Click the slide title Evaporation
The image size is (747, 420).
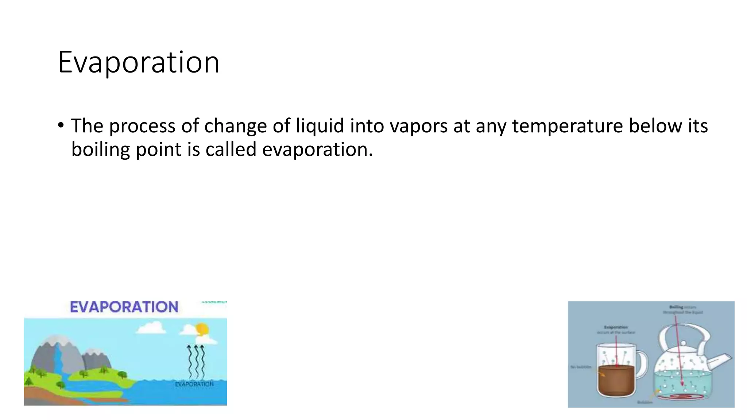(x=139, y=63)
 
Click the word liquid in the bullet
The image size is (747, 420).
(x=320, y=126)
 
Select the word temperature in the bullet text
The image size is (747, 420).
(x=568, y=126)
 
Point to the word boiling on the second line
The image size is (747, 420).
(x=101, y=150)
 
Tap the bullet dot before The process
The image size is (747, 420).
(x=61, y=125)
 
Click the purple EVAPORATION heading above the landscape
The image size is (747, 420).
(x=124, y=307)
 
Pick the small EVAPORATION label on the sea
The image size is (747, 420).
(x=194, y=384)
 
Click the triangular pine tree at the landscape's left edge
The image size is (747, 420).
(x=28, y=382)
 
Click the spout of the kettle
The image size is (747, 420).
(x=720, y=361)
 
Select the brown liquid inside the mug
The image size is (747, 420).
(x=616, y=381)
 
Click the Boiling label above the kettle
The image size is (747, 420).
(x=676, y=307)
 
